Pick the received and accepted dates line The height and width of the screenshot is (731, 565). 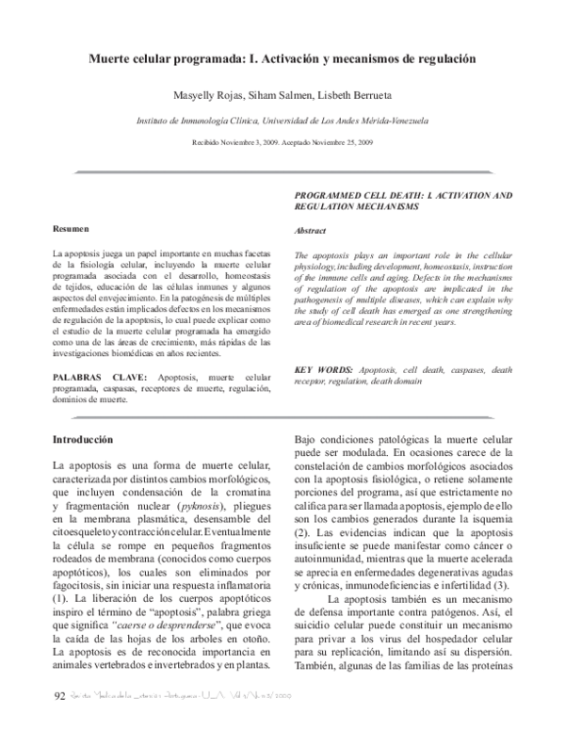coord(282,142)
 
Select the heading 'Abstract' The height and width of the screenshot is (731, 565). coord(312,231)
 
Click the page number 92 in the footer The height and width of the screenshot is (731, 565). coord(58,697)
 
